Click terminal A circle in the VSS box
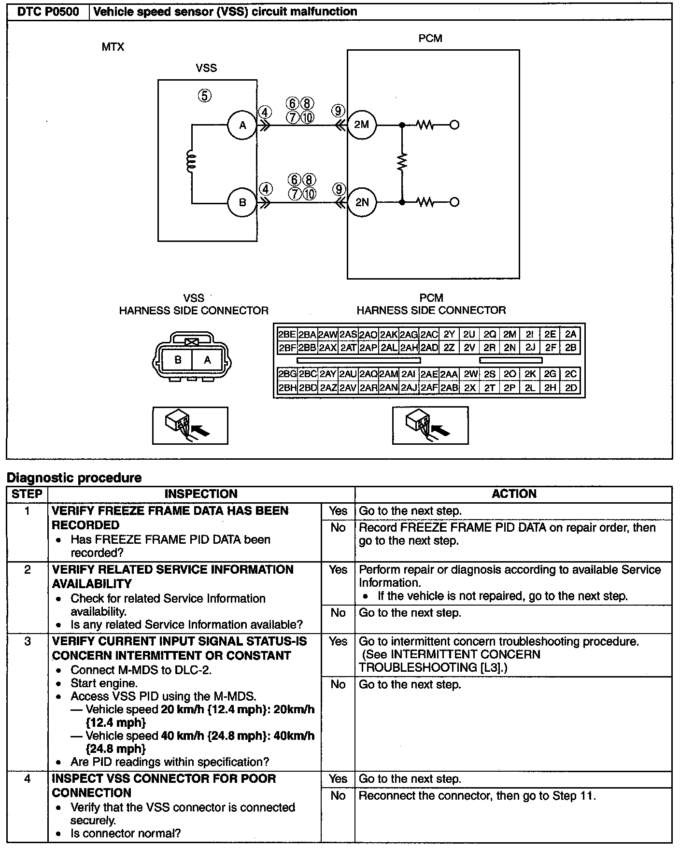[x=242, y=125]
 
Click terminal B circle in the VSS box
[x=242, y=202]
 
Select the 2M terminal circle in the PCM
[x=362, y=125]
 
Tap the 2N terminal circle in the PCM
[x=362, y=202]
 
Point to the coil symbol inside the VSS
[x=191, y=161]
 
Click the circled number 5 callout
[x=205, y=96]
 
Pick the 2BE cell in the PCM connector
[x=287, y=334]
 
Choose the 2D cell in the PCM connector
[x=571, y=387]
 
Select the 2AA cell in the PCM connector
[x=449, y=374]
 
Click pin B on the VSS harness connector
[x=178, y=360]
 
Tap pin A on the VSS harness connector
[x=207, y=360]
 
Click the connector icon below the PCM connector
[x=430, y=425]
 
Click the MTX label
[x=113, y=47]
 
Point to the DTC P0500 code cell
[x=48, y=12]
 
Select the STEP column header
[x=27, y=494]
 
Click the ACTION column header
[x=514, y=494]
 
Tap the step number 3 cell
[x=28, y=642]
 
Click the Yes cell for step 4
[x=338, y=779]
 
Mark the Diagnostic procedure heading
[x=74, y=478]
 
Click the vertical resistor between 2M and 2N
[x=402, y=163]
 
